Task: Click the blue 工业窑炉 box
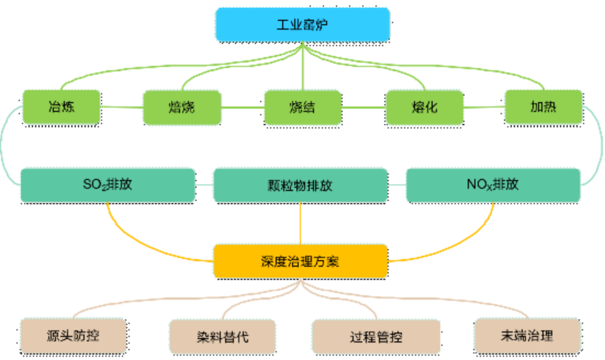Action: (x=302, y=25)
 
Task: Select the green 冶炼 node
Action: (x=63, y=107)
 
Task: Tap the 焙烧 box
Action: (x=182, y=107)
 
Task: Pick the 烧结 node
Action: (x=302, y=107)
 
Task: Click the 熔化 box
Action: (x=424, y=107)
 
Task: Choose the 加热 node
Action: (x=543, y=107)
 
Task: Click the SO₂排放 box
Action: (x=108, y=185)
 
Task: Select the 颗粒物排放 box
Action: (x=300, y=185)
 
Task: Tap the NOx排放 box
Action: (x=493, y=185)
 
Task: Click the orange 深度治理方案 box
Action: (x=300, y=261)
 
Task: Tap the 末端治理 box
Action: (x=527, y=335)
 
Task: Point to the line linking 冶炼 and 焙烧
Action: (x=122, y=107)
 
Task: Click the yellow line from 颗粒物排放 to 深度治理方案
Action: (x=300, y=223)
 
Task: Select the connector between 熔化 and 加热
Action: (x=484, y=107)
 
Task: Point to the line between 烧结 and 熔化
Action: (x=363, y=107)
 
